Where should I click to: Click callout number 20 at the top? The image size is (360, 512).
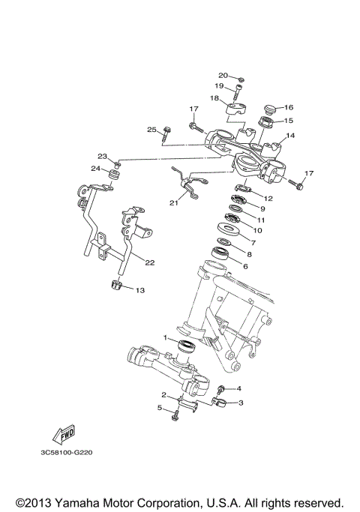click(x=223, y=76)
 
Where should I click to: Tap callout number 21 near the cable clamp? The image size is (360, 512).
click(x=175, y=202)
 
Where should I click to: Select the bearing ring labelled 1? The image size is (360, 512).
click(x=184, y=346)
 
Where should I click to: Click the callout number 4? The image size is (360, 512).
click(x=238, y=388)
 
